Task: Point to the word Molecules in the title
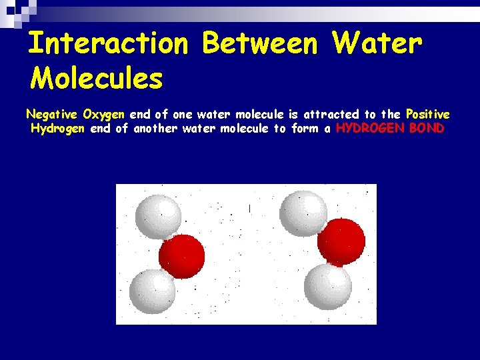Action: coord(97,79)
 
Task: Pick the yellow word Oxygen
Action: coord(104,115)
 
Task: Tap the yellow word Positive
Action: coord(427,115)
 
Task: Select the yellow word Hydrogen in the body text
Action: coord(57,129)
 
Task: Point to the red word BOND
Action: coord(427,129)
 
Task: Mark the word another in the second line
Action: coord(155,129)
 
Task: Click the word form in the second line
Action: coord(305,129)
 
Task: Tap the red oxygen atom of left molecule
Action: coord(181,256)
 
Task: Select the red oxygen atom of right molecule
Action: coord(341,241)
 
